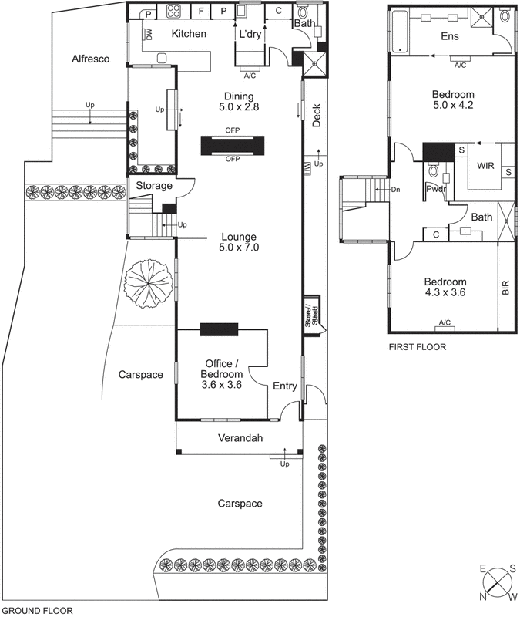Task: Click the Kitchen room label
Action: click(188, 34)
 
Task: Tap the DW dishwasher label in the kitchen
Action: click(149, 34)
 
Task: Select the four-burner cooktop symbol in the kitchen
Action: click(173, 12)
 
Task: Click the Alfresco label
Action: click(91, 59)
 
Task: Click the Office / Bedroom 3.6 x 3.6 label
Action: click(222, 374)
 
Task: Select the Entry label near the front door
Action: click(284, 387)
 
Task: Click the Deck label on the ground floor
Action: click(317, 113)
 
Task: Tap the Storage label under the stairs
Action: click(154, 186)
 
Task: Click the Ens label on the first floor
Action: click(449, 36)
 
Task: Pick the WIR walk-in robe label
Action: click(485, 166)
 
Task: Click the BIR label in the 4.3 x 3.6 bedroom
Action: click(505, 288)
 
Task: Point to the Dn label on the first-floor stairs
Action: click(396, 189)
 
